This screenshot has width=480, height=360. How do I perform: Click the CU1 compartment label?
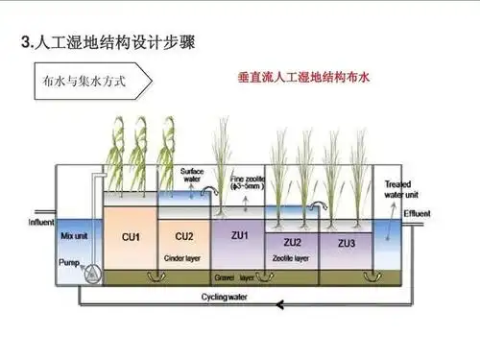(x=131, y=236)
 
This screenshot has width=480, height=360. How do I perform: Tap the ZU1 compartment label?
(x=240, y=235)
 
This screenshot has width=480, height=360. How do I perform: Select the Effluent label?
(x=419, y=214)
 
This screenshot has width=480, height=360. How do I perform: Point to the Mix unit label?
(x=74, y=235)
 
